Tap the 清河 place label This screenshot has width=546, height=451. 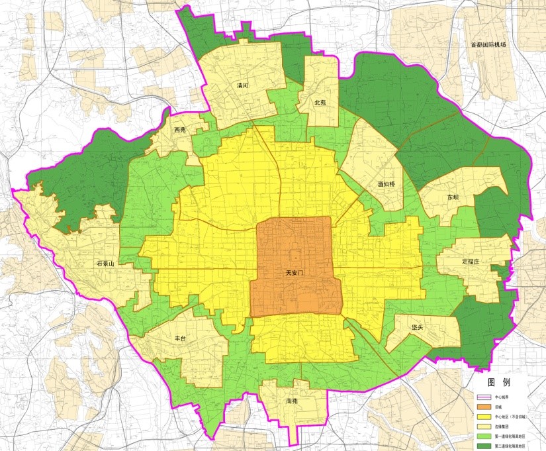[x=242, y=85]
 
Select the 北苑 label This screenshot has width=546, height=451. [x=320, y=103]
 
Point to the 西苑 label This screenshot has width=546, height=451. [x=180, y=130]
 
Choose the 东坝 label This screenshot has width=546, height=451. [x=452, y=197]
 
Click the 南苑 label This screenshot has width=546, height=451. [x=293, y=401]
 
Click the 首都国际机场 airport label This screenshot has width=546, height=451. [x=488, y=45]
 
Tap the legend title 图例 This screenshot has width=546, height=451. [x=500, y=383]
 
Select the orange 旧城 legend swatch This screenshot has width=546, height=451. [x=485, y=407]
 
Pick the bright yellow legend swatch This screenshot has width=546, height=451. [x=485, y=417]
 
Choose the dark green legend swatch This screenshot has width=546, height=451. [x=485, y=447]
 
